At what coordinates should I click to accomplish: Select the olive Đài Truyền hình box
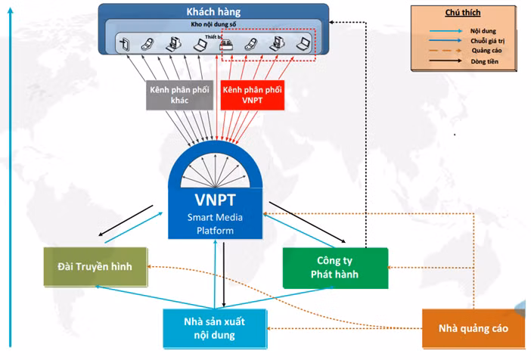click(95, 268)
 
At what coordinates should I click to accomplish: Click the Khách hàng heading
click(213, 12)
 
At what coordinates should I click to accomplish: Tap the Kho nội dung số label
click(214, 25)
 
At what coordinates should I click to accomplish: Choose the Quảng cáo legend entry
click(482, 50)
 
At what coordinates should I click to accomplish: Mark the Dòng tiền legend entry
click(482, 61)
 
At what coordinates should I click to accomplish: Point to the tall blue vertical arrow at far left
click(8, 182)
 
